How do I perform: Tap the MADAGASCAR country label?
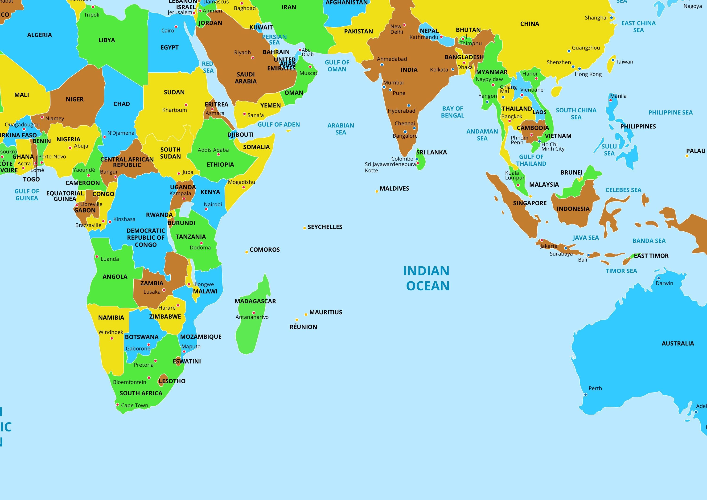[255, 301]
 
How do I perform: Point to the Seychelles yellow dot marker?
[304, 228]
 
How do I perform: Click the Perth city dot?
[585, 394]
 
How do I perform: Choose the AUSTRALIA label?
[678, 343]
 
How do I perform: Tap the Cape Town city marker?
[117, 405]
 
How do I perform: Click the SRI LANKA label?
[432, 152]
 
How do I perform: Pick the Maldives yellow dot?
[377, 192]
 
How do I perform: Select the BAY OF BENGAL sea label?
[452, 112]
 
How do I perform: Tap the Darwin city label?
[664, 283]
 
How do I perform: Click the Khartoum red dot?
[186, 105]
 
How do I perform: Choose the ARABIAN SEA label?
[341, 129]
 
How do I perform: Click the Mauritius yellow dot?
[306, 314]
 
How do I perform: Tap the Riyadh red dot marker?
[252, 57]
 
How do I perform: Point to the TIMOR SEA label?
[621, 271]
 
